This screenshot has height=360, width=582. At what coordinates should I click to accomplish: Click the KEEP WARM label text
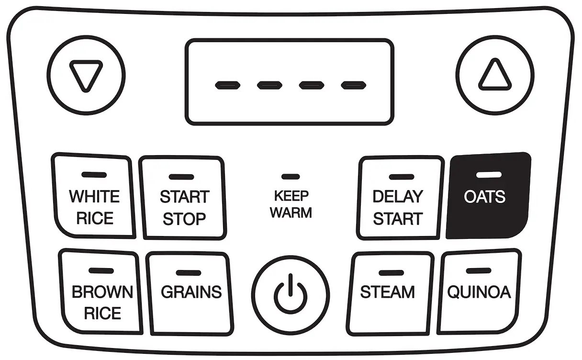pos(291,204)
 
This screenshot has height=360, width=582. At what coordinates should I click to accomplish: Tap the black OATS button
pos(487,196)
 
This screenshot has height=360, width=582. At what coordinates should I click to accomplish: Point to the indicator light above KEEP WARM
pos(287,177)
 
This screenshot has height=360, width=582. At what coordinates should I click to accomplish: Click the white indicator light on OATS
pos(489,175)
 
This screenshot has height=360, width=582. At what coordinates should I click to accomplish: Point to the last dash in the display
pos(354,86)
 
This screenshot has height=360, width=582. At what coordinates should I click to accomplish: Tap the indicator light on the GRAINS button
pos(188,273)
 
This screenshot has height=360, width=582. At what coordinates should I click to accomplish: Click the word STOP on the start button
pos(184,219)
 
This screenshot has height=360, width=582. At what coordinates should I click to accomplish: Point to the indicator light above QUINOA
pos(478,271)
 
